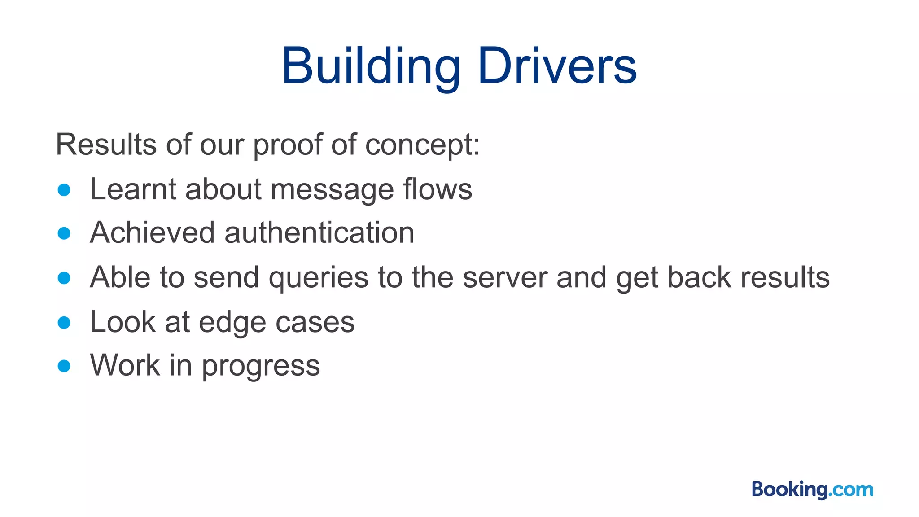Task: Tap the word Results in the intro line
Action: tap(106, 145)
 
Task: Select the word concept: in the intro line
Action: tap(422, 145)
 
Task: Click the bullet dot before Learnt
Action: tap(64, 190)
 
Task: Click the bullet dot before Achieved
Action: tap(64, 233)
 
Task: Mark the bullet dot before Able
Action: tap(64, 278)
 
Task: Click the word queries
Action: tap(318, 278)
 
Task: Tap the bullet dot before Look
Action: tap(64, 322)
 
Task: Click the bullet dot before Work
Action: tap(64, 366)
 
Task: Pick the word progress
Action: tap(261, 366)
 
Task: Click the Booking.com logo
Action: tap(812, 489)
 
